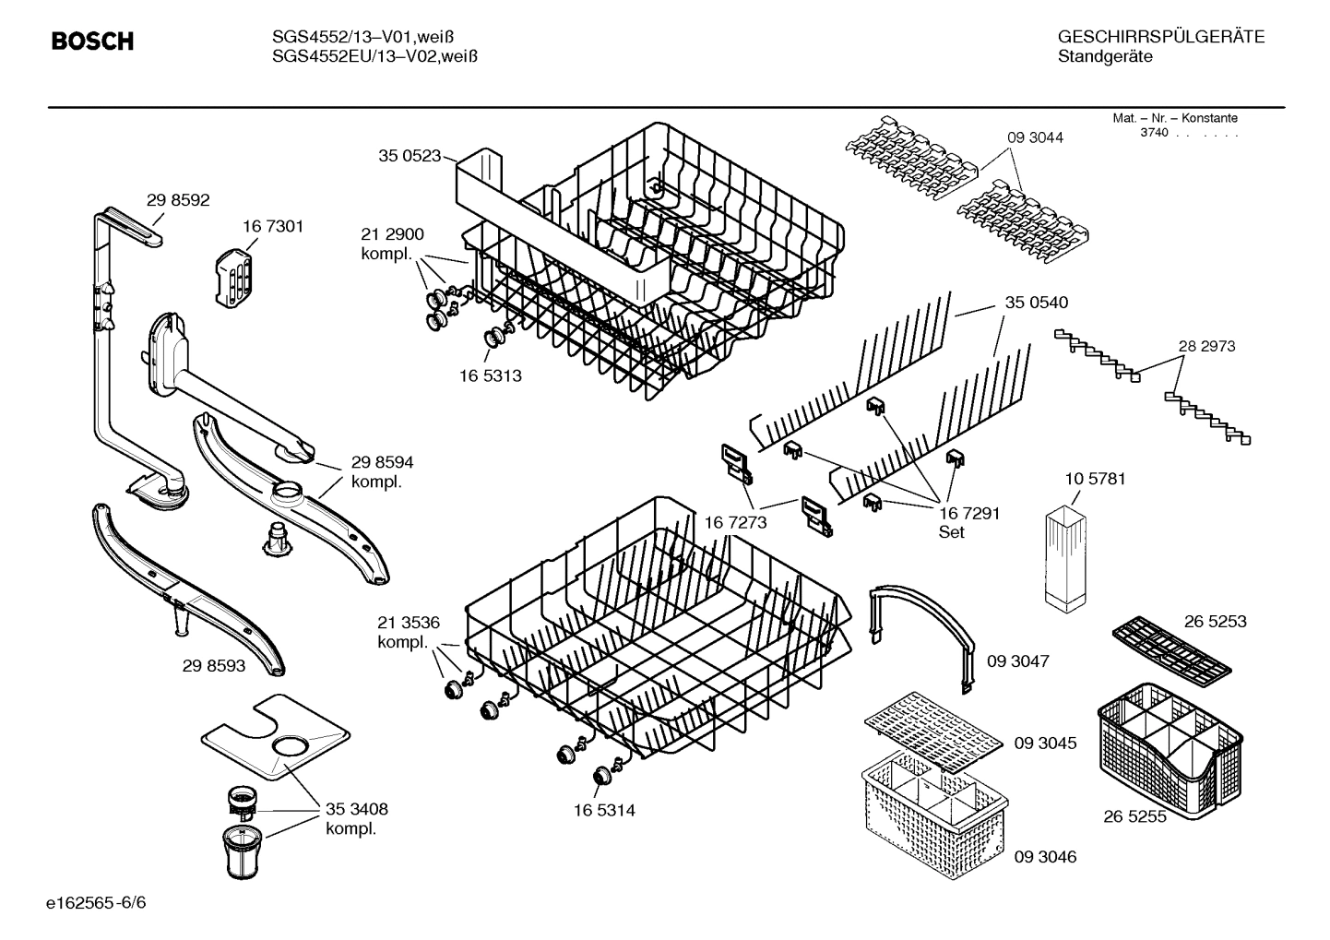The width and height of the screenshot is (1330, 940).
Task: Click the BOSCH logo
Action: (92, 42)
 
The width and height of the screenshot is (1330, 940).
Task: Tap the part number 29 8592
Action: (178, 199)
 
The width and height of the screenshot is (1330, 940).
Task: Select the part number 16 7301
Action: (273, 226)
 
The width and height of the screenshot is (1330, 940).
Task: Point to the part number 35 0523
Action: (410, 156)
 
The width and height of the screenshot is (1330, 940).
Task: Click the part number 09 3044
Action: (1035, 137)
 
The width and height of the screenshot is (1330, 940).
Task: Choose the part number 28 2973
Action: (1206, 346)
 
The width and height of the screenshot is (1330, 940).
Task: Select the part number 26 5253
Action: (1215, 621)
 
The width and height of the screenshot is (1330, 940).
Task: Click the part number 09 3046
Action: (1045, 857)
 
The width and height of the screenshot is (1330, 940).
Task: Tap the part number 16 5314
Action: (604, 811)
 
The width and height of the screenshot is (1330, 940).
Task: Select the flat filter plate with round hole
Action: (277, 734)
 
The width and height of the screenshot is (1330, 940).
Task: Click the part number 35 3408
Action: (356, 809)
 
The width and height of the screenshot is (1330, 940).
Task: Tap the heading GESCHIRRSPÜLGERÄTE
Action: (1160, 37)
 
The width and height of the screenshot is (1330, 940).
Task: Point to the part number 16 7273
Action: (735, 523)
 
